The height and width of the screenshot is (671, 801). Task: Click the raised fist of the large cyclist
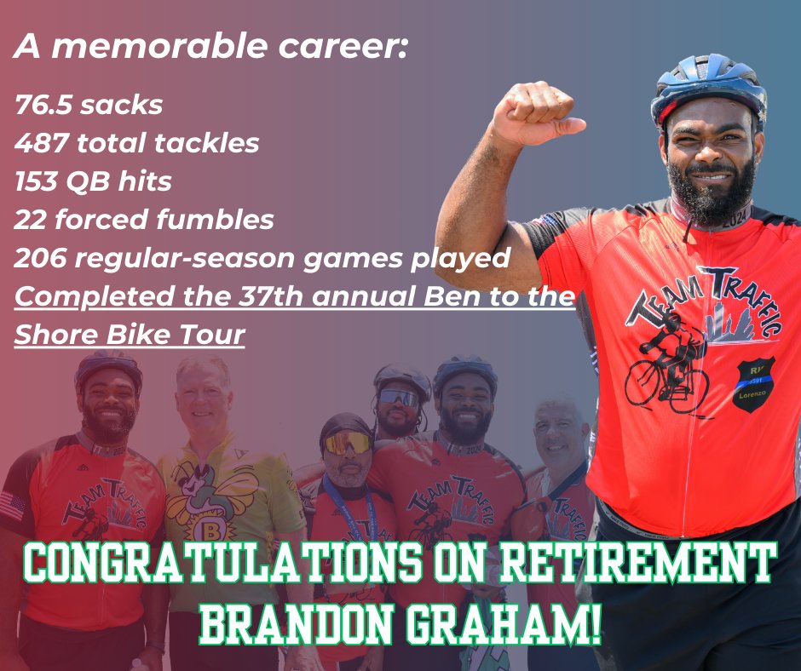pyautogui.click(x=533, y=112)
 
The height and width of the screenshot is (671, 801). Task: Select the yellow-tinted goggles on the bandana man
pyautogui.click(x=347, y=442)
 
